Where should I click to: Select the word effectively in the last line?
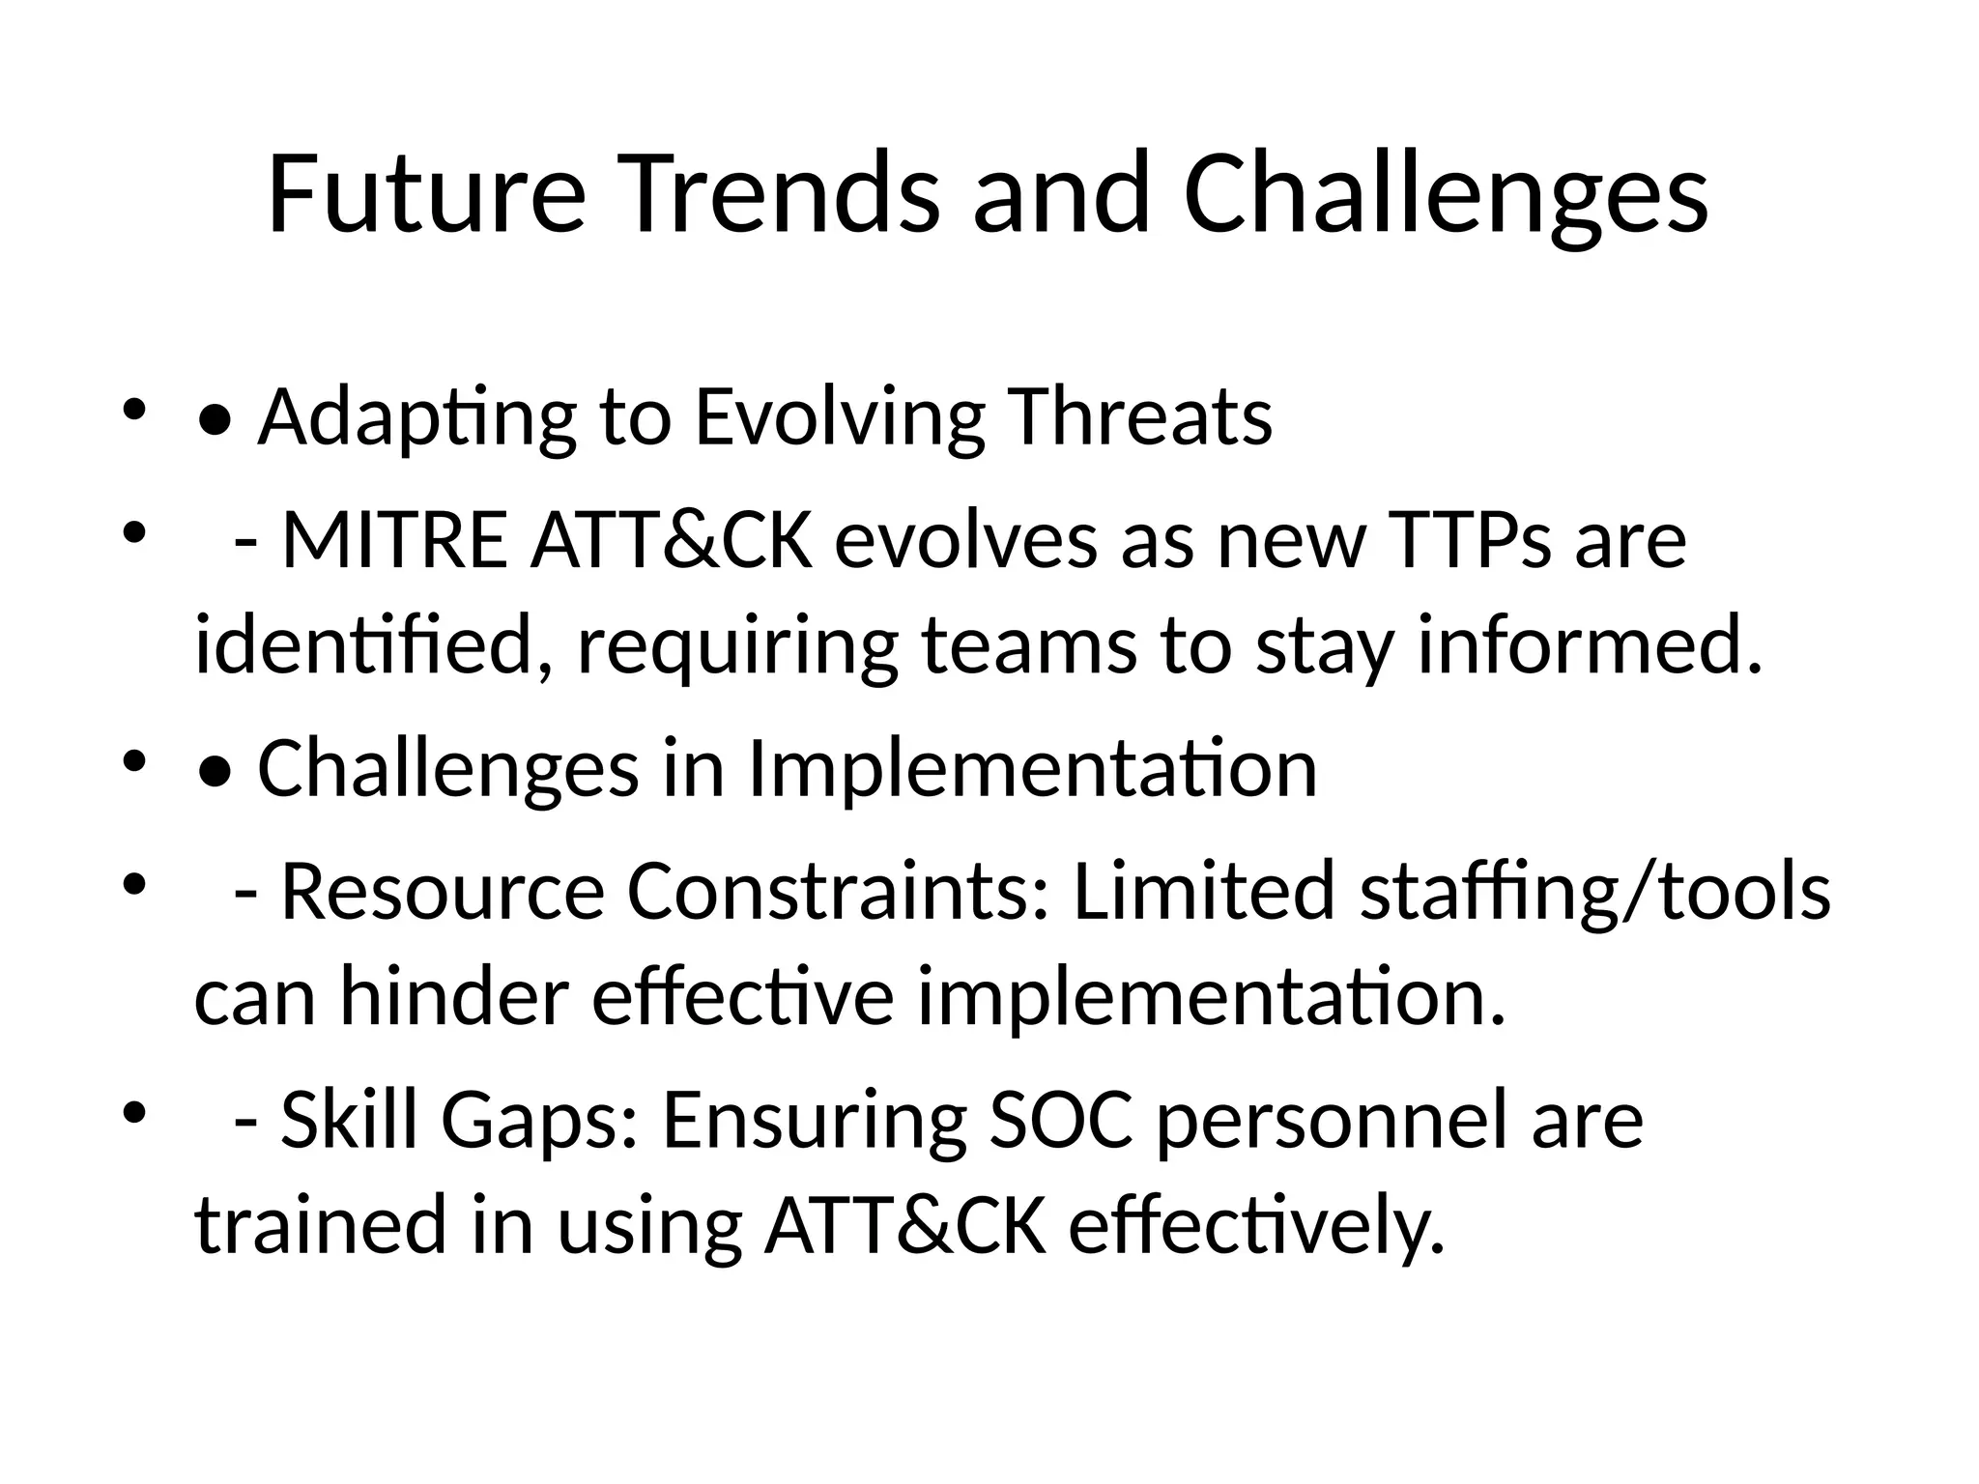click(x=1255, y=1225)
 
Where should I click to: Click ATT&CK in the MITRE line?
click(x=671, y=541)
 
